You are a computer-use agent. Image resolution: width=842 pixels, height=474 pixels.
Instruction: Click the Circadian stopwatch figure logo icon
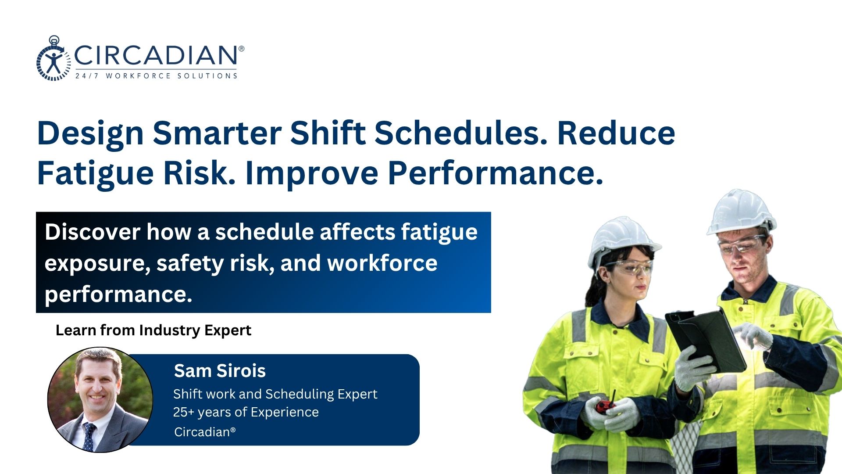pyautogui.click(x=54, y=58)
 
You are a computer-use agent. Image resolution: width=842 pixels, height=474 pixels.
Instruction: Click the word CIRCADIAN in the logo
pyautogui.click(x=157, y=55)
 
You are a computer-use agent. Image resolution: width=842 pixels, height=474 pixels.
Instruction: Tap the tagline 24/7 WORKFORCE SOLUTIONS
pyautogui.click(x=156, y=76)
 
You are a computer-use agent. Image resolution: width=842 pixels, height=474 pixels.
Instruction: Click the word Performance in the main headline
pyautogui.click(x=496, y=173)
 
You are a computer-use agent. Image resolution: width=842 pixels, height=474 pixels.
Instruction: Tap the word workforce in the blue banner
pyautogui.click(x=382, y=263)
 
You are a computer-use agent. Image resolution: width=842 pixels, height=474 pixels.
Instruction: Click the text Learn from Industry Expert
pyautogui.click(x=153, y=330)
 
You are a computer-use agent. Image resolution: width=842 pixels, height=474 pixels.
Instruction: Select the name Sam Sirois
pyautogui.click(x=220, y=371)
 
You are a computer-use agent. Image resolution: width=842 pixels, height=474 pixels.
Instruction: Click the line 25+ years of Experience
pyautogui.click(x=246, y=412)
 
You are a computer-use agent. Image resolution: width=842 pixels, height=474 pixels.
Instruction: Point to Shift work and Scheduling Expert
pyautogui.click(x=275, y=394)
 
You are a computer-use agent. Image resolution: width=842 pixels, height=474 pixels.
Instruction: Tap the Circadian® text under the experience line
pyautogui.click(x=205, y=432)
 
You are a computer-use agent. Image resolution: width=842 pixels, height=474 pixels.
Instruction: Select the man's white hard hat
pyautogui.click(x=741, y=212)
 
